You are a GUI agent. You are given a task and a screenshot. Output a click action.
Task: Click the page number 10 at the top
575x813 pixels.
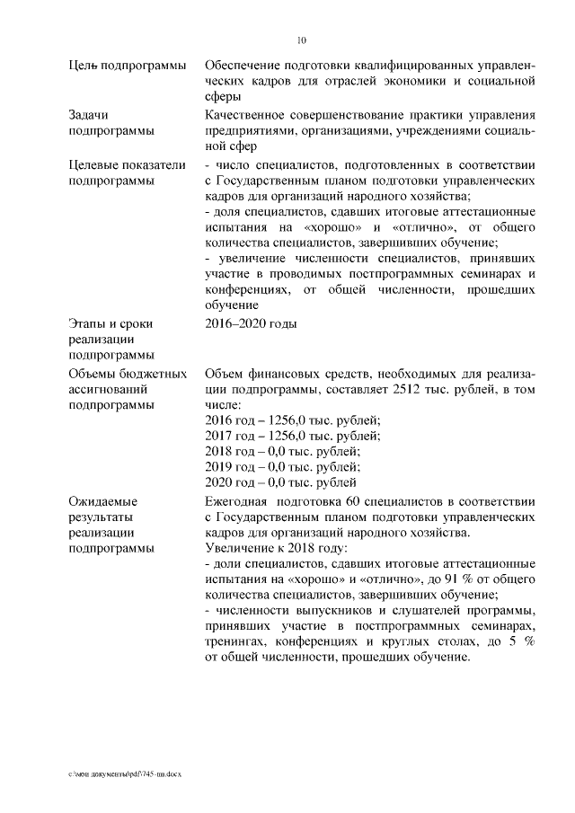[302, 40]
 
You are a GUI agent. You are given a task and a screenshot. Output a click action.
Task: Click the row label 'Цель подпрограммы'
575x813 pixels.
[127, 66]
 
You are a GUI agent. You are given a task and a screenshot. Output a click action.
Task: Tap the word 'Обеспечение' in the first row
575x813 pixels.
[245, 66]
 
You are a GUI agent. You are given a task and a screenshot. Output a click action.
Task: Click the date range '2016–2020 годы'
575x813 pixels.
[251, 323]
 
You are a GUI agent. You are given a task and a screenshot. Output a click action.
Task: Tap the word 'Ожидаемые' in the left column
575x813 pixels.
[102, 500]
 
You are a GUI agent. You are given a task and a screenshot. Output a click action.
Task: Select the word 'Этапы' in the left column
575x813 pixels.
[87, 323]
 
